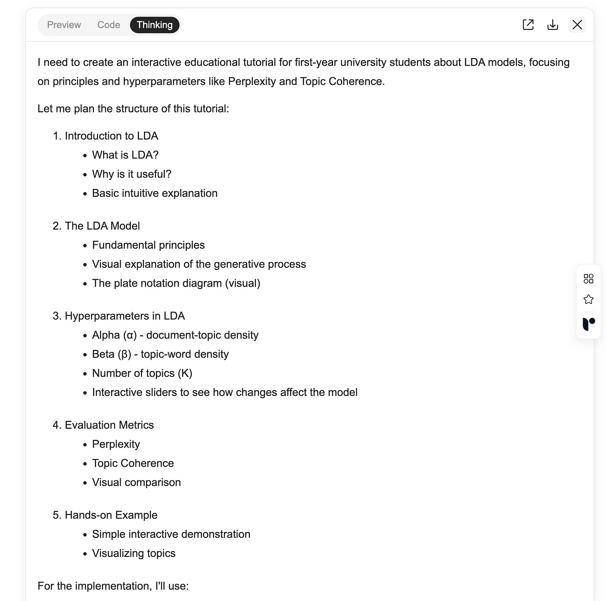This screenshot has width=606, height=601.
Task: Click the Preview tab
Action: pyautogui.click(x=64, y=25)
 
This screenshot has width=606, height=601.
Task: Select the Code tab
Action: pyautogui.click(x=109, y=25)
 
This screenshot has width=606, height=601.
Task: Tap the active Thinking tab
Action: pyautogui.click(x=154, y=25)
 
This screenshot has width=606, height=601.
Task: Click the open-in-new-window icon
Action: pyautogui.click(x=528, y=25)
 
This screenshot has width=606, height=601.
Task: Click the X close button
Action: pyautogui.click(x=577, y=25)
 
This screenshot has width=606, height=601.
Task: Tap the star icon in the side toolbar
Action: pyautogui.click(x=589, y=299)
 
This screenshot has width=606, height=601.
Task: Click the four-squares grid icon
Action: pyautogui.click(x=589, y=279)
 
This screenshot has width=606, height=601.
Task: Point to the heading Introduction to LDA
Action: pyautogui.click(x=111, y=136)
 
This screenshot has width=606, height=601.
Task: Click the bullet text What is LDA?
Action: pyautogui.click(x=125, y=155)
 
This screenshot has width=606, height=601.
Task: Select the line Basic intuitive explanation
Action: pyautogui.click(x=154, y=193)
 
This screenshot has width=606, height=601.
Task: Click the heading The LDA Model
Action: pyautogui.click(x=102, y=226)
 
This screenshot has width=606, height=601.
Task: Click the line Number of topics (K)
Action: pyautogui.click(x=142, y=373)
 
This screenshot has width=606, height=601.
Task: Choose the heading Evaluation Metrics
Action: pyautogui.click(x=109, y=425)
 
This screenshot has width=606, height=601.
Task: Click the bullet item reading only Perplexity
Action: pyautogui.click(x=116, y=444)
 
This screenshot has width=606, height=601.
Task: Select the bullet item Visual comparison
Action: pyautogui.click(x=136, y=482)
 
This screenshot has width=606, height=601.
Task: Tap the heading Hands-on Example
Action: pyautogui.click(x=111, y=515)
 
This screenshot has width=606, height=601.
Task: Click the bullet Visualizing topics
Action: pyautogui.click(x=134, y=553)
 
